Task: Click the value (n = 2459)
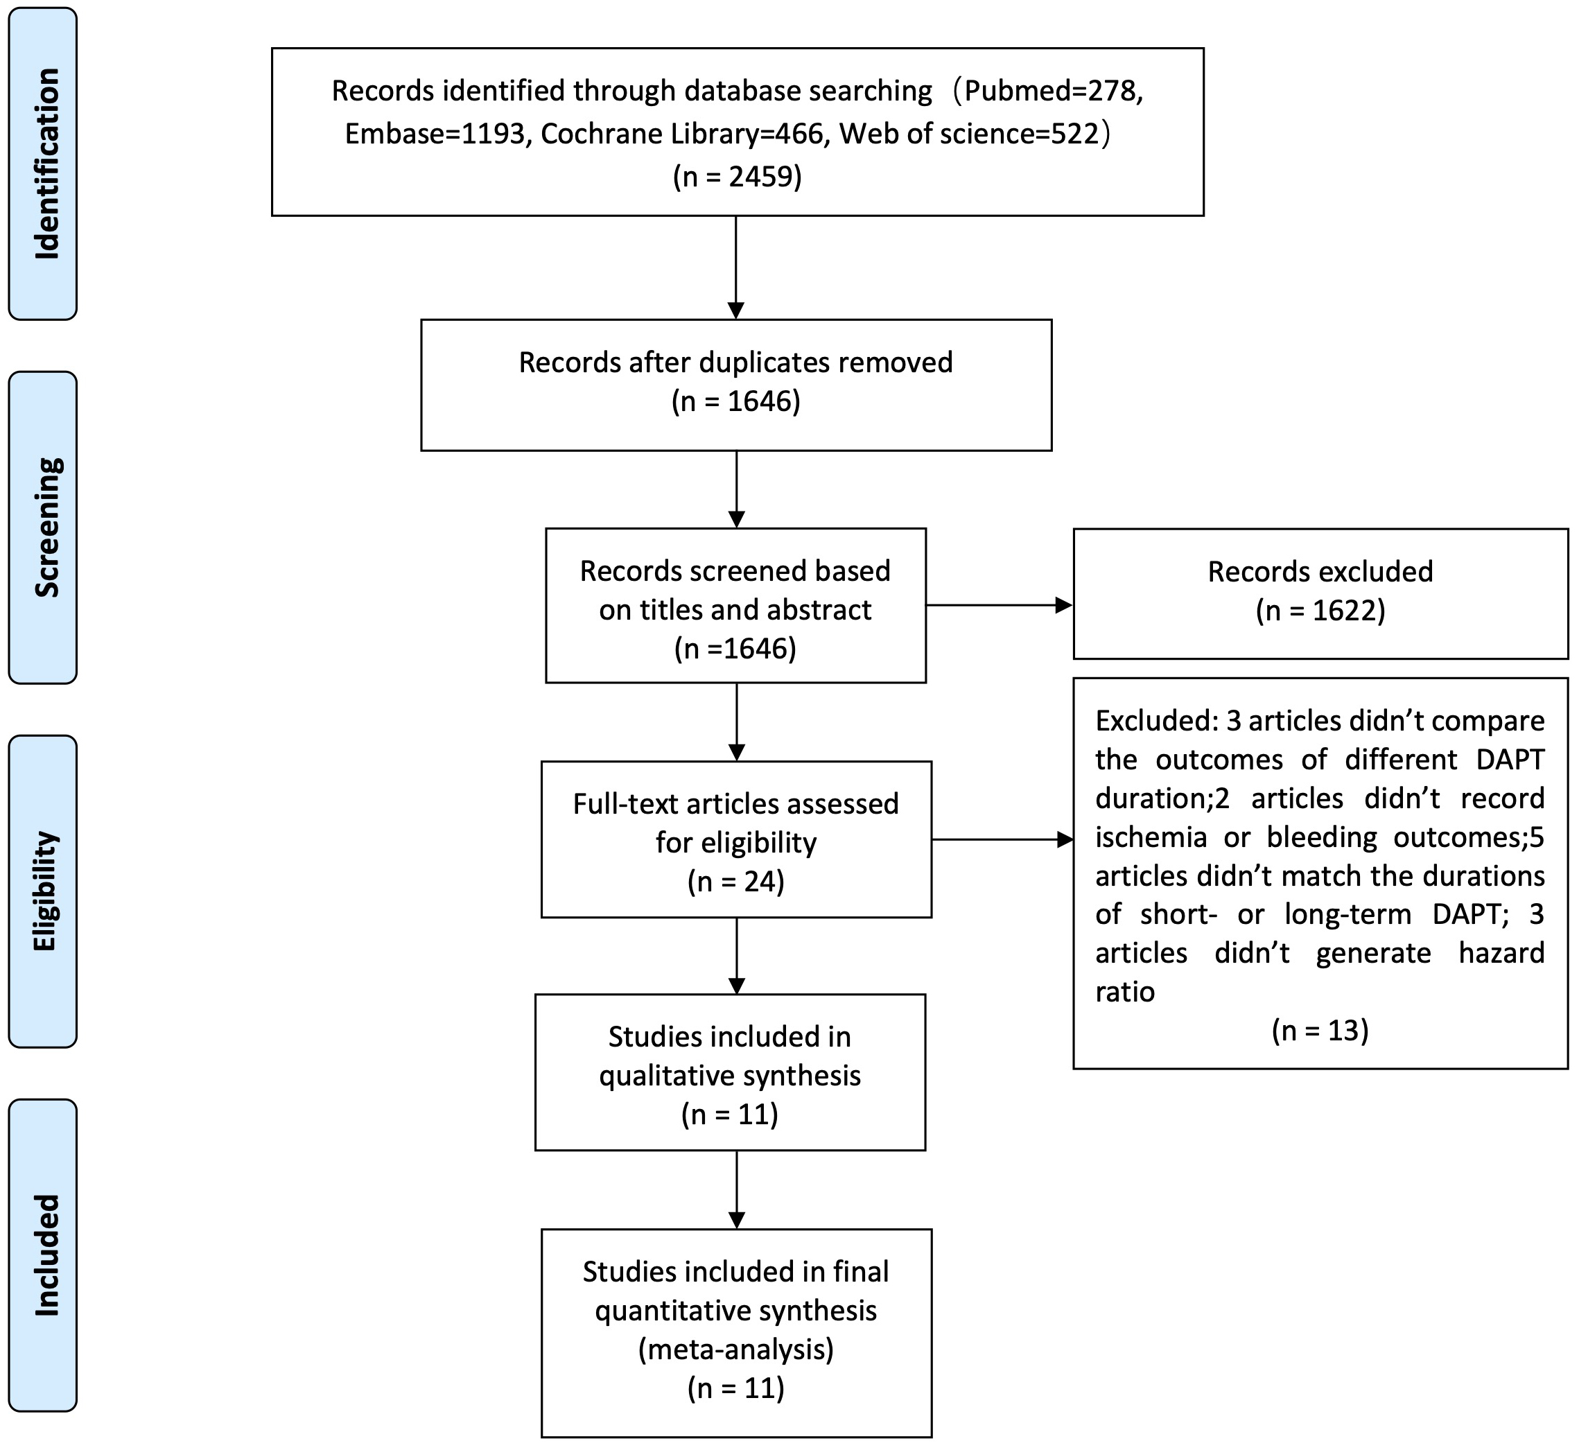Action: click(x=737, y=176)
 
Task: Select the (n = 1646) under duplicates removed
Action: click(x=735, y=401)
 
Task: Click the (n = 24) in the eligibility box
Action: click(x=735, y=881)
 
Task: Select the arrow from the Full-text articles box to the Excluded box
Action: click(x=1002, y=839)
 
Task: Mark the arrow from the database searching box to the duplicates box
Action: click(x=735, y=267)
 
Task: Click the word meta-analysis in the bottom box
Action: click(x=735, y=1349)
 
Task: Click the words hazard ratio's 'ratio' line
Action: click(x=1124, y=992)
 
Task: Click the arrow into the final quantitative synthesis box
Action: click(x=736, y=1189)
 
